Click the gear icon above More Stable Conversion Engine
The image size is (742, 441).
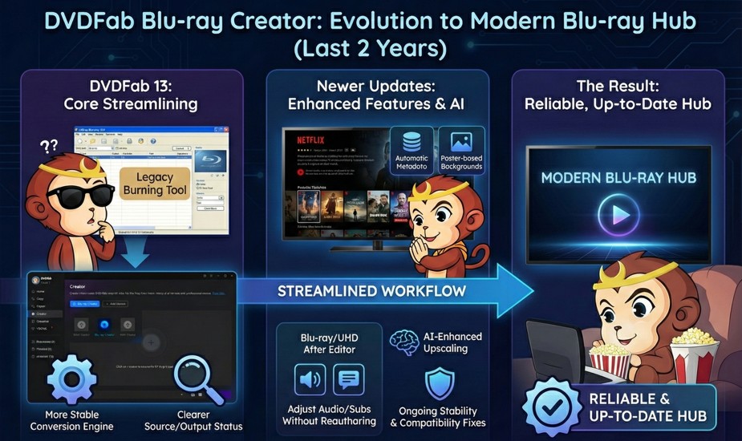tap(72, 384)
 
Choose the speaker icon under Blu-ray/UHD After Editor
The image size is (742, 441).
tap(310, 379)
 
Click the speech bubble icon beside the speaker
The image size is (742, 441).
tap(347, 379)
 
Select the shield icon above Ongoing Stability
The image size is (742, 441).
tap(438, 383)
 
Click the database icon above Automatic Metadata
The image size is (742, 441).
tap(412, 142)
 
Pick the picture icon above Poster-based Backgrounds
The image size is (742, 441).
tap(461, 142)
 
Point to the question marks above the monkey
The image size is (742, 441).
tap(49, 146)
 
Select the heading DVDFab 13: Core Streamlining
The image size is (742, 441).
tap(130, 95)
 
